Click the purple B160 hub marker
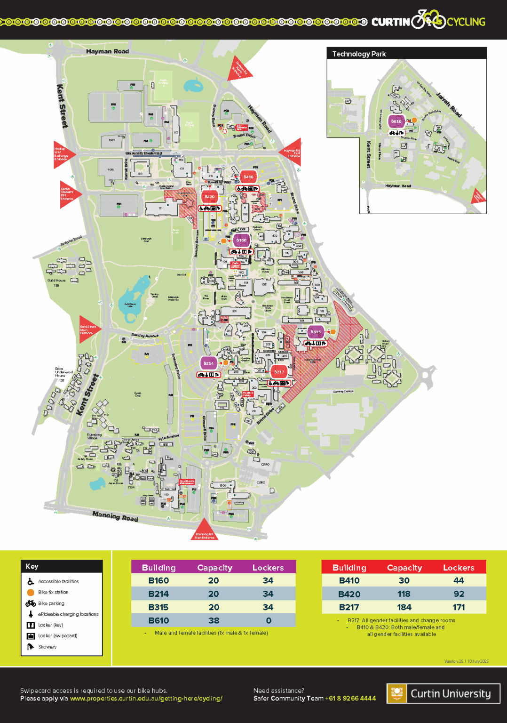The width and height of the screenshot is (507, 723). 241,240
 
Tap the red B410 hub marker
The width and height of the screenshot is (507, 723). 248,177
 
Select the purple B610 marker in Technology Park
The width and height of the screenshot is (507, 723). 396,121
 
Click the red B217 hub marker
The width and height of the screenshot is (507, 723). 279,372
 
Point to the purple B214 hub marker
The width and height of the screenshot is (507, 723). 208,363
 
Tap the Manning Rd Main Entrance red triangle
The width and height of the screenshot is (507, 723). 204,530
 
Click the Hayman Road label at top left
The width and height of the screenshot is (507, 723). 107,51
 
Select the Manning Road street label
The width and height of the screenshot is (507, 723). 115,516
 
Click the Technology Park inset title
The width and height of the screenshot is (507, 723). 359,54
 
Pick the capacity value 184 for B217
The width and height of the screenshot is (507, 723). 404,607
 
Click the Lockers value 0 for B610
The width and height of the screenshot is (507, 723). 269,620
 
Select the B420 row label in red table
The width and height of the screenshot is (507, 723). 349,594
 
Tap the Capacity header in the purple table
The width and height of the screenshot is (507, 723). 214,568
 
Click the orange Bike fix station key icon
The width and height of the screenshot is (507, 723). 31,593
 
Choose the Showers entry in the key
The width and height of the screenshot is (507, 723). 47,647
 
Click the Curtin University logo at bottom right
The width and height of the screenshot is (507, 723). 443,693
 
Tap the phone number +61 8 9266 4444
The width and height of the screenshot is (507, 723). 350,699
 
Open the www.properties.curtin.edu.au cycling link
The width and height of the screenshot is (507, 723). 146,699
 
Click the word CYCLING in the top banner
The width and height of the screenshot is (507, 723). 466,22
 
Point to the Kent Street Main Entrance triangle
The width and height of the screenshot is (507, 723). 88,329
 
